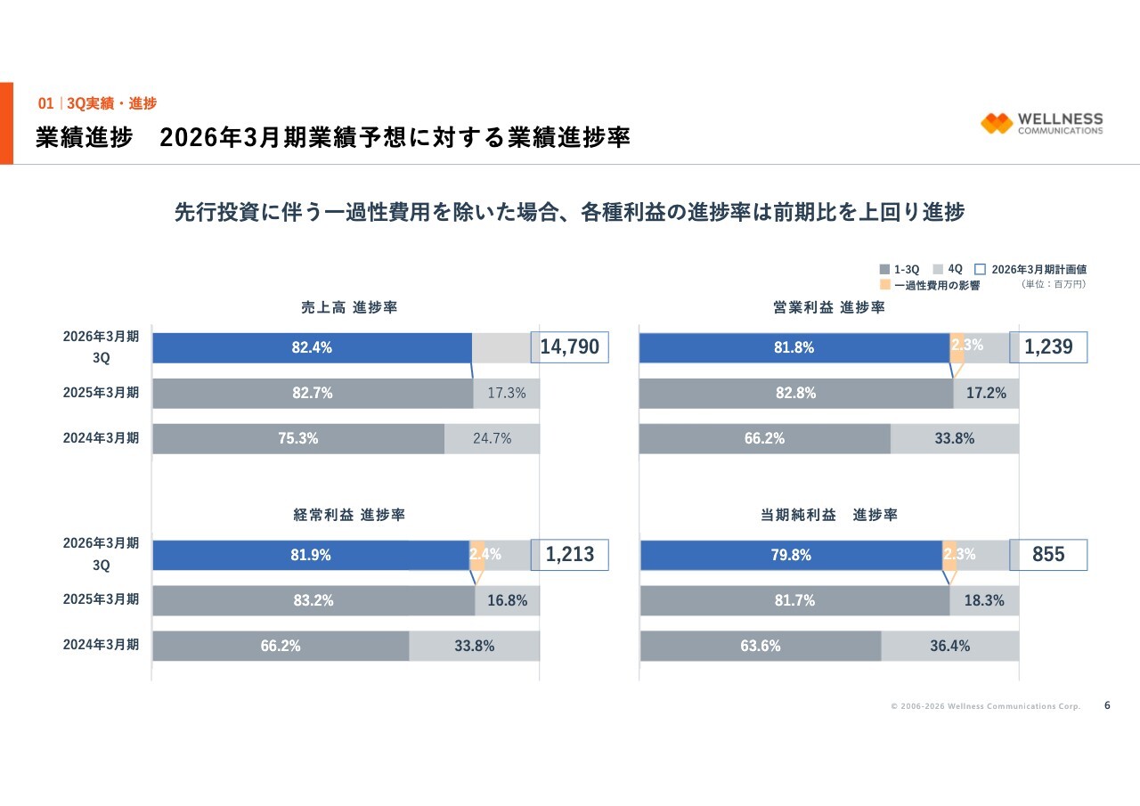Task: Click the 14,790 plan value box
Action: tap(570, 346)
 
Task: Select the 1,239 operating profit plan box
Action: tap(1048, 346)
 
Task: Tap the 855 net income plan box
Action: tap(1048, 554)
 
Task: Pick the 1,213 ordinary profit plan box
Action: tap(570, 555)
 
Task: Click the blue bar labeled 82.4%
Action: tap(312, 347)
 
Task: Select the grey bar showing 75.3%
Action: tap(298, 438)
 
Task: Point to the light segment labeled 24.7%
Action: tap(492, 438)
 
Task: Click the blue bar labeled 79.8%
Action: tap(791, 555)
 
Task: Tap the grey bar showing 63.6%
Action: tap(761, 646)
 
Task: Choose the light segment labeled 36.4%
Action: tap(950, 646)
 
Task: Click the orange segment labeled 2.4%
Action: tap(477, 555)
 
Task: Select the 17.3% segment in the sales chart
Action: tap(506, 393)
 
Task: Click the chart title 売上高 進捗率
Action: tap(348, 307)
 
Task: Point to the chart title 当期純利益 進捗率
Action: tap(828, 515)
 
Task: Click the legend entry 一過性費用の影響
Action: tap(930, 285)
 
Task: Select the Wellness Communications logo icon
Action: tap(997, 123)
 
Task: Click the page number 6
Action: tap(1107, 705)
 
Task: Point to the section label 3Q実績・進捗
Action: tap(111, 103)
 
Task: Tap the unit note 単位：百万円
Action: tap(1054, 285)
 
